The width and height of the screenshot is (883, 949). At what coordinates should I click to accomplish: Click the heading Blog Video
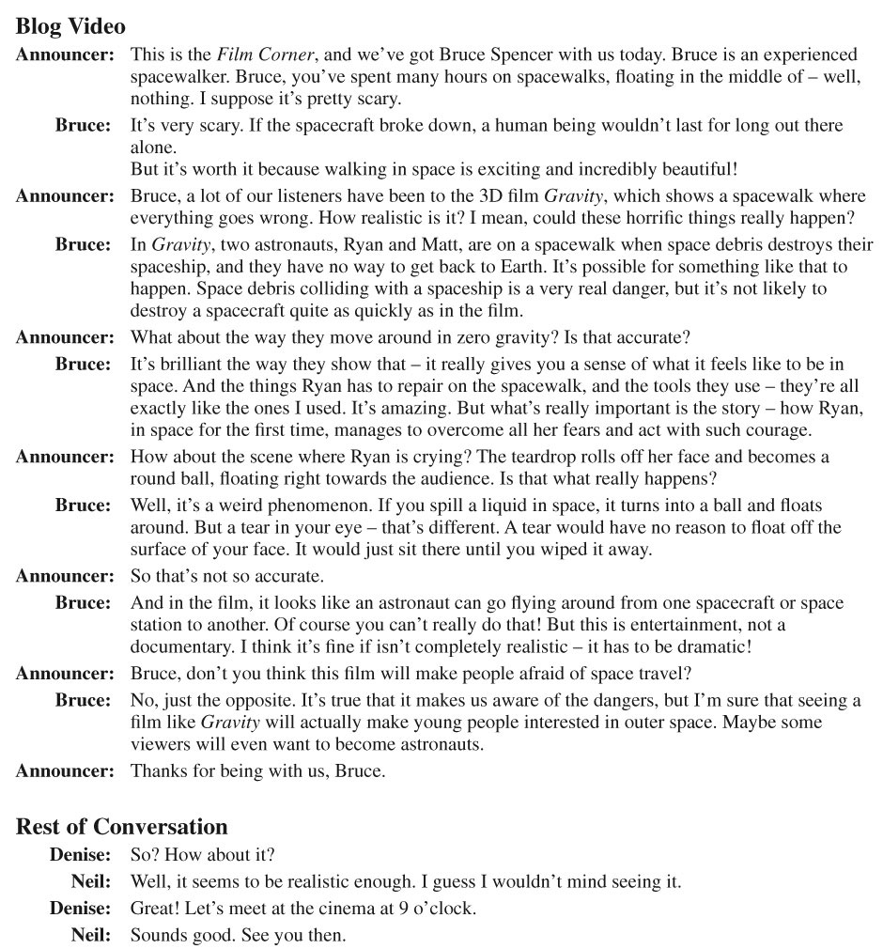(x=70, y=26)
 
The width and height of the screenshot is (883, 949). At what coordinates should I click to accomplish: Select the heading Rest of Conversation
(x=122, y=827)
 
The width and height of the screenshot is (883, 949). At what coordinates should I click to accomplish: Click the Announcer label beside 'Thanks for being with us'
(x=64, y=770)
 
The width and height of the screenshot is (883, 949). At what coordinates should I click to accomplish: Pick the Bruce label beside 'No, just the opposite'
(x=83, y=700)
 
